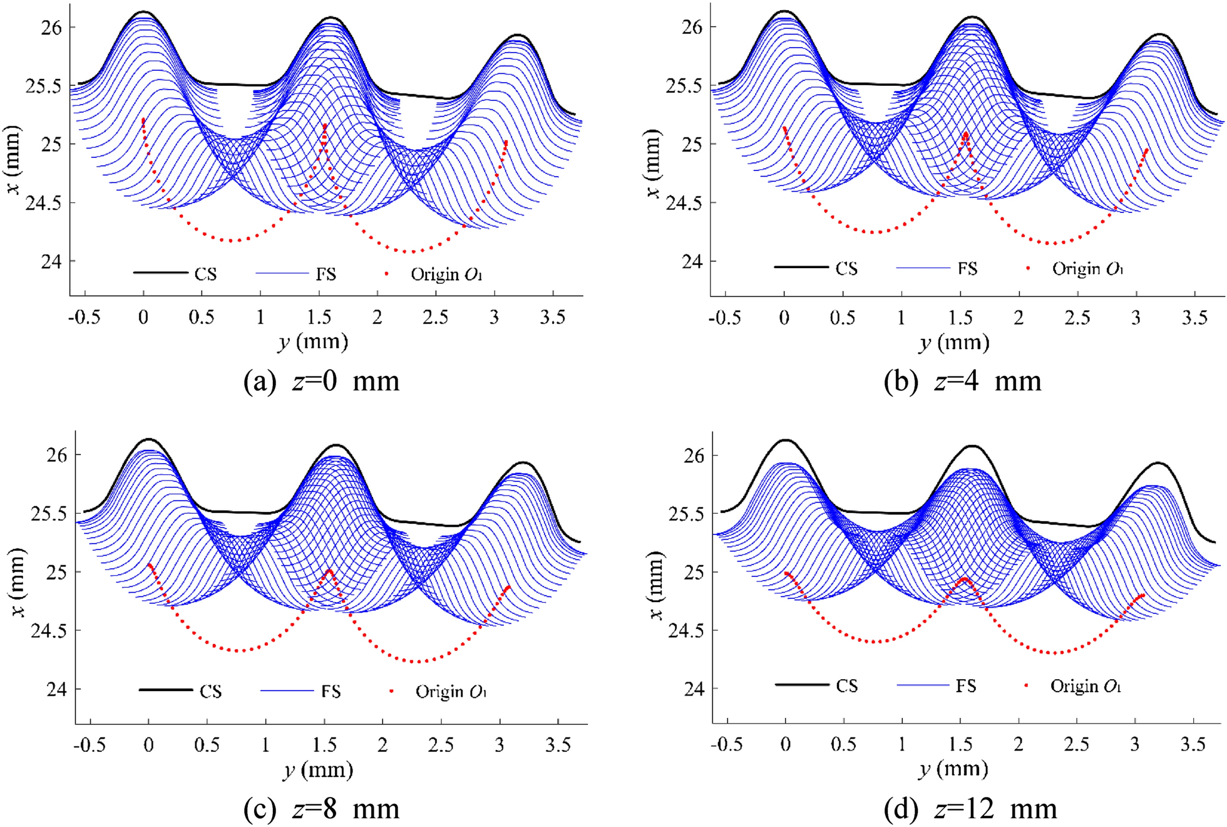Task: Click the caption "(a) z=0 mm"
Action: (x=321, y=382)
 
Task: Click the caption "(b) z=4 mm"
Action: (x=962, y=382)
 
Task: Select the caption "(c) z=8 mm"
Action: (x=321, y=809)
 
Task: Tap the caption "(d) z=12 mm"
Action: (x=970, y=809)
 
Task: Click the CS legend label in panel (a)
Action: (x=205, y=274)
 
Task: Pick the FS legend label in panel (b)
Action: (x=967, y=269)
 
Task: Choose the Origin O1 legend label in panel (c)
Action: (x=451, y=692)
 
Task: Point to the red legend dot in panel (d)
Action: (x=1027, y=686)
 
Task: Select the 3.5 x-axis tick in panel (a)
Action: (x=553, y=318)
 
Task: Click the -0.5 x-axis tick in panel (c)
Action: (x=90, y=745)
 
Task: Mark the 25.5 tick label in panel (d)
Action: (x=686, y=514)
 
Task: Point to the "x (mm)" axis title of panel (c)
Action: (x=19, y=583)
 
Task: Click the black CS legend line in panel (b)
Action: (x=801, y=268)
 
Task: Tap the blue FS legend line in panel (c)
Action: (x=287, y=691)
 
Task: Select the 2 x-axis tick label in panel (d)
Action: (x=1019, y=744)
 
